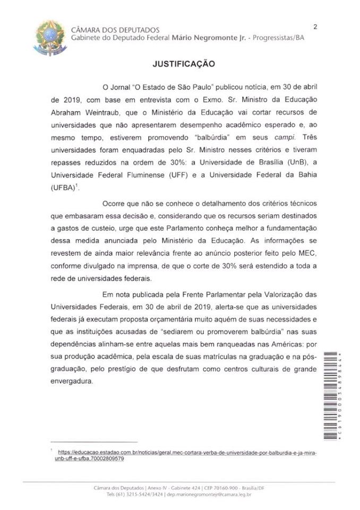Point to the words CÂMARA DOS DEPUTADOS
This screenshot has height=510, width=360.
point(115,30)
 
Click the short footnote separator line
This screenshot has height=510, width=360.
point(93,441)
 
